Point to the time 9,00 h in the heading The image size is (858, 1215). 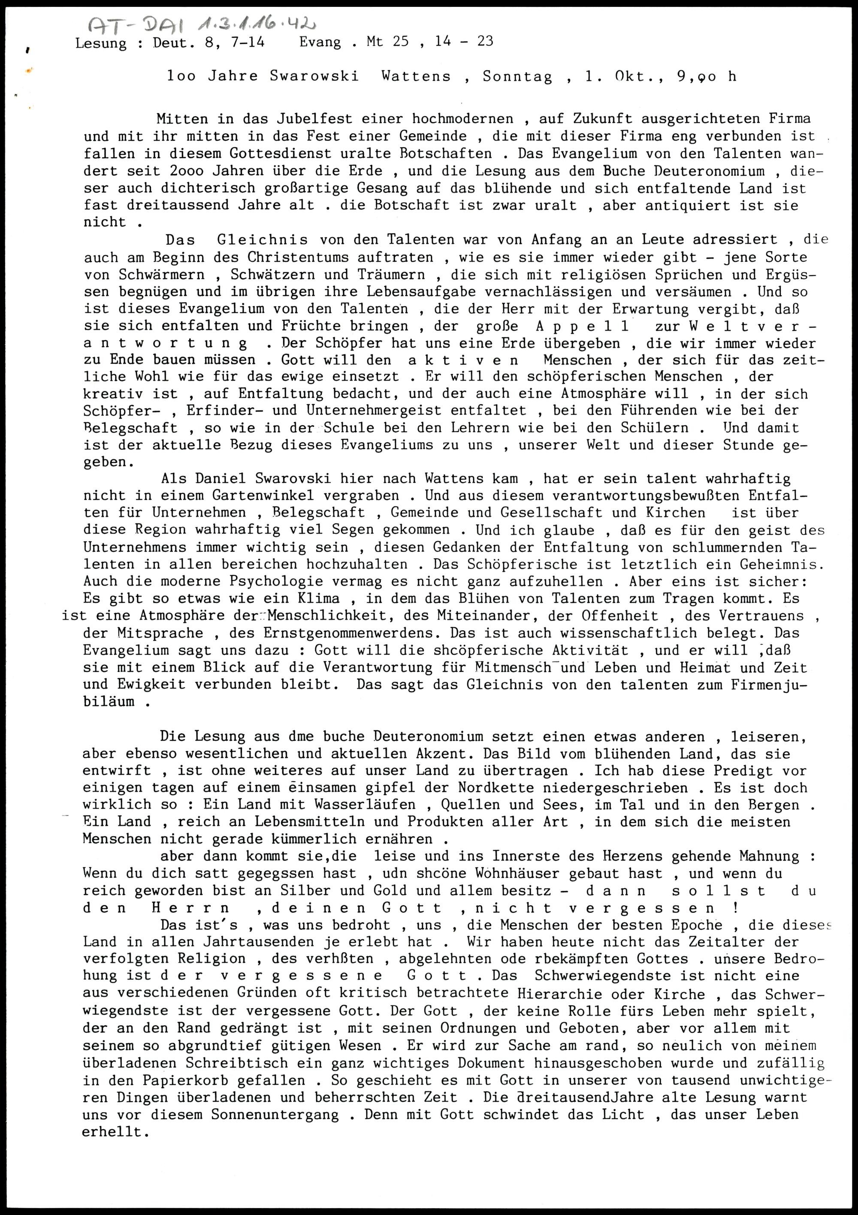click(706, 77)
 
